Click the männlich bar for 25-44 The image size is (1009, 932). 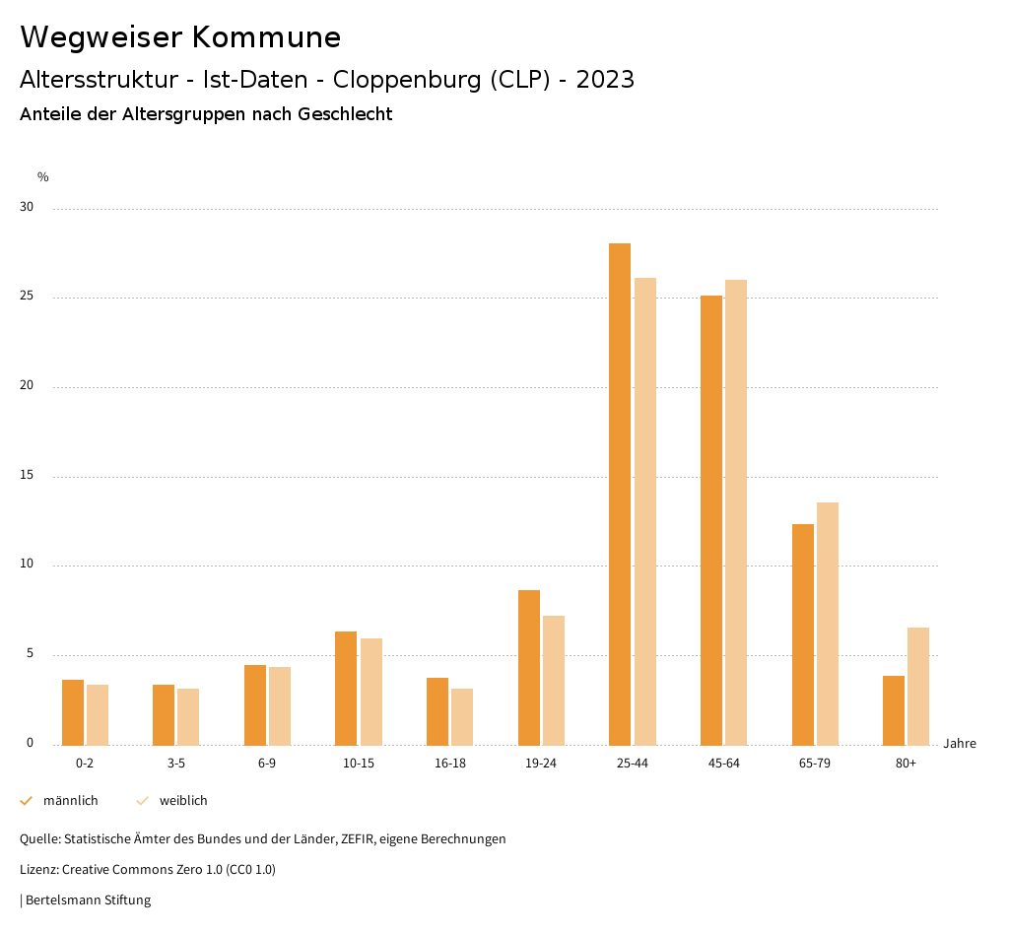tap(620, 494)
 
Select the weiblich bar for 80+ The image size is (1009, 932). tap(918, 686)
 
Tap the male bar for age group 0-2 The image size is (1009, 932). tap(73, 712)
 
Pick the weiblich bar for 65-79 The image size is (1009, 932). tap(828, 624)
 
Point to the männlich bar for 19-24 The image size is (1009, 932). tap(529, 667)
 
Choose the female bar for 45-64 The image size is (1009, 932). tap(736, 512)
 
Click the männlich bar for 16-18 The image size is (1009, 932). tap(437, 711)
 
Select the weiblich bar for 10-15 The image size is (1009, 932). tap(371, 692)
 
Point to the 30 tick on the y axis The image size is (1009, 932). tap(27, 208)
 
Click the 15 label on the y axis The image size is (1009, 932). tap(27, 476)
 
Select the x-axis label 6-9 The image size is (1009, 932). tap(267, 764)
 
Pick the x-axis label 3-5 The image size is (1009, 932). tap(176, 764)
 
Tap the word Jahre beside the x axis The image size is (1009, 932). tap(960, 744)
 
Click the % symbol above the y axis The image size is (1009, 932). tap(43, 177)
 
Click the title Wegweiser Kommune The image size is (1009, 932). tap(180, 37)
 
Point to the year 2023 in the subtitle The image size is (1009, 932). tap(605, 80)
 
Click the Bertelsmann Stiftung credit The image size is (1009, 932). tap(88, 900)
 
